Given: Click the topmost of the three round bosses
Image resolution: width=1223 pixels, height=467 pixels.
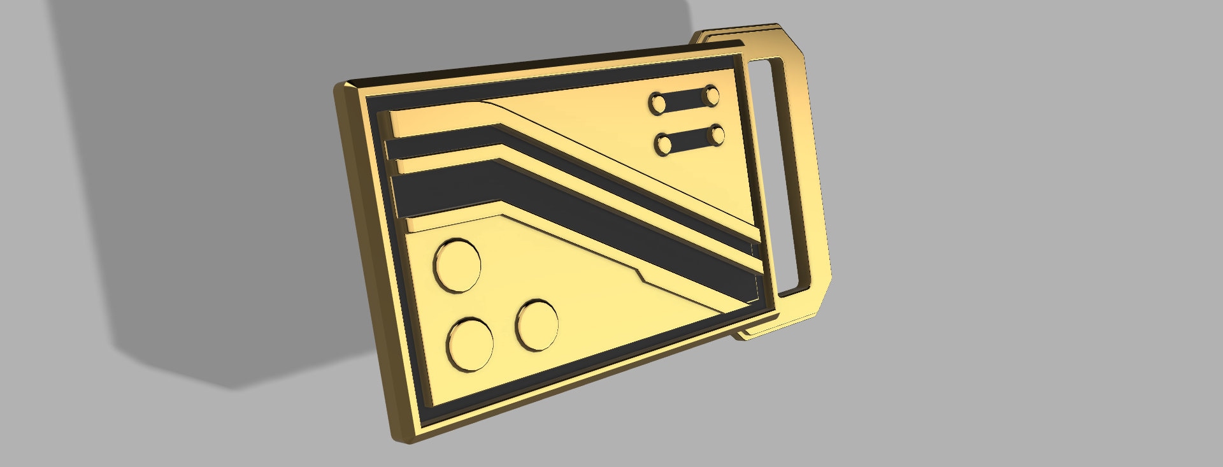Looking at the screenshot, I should (x=457, y=265).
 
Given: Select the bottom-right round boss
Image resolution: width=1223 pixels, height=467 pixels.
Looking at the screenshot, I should (x=537, y=325).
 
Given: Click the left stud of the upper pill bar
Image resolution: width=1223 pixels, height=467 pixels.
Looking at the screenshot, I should (x=657, y=103).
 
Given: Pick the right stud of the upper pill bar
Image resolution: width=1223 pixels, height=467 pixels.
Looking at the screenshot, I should (x=710, y=96).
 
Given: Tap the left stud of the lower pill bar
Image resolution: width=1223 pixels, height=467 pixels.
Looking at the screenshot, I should (x=664, y=143).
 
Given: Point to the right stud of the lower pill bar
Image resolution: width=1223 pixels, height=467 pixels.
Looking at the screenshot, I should (x=717, y=134).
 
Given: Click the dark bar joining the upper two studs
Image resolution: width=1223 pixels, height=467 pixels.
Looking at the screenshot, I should (x=684, y=99).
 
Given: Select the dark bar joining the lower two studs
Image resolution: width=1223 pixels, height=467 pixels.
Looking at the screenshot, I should (x=690, y=139).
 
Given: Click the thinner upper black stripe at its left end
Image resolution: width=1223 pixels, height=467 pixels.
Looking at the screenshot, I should (x=408, y=148).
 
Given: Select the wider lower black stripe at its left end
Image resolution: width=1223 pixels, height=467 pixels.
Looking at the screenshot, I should (x=414, y=194).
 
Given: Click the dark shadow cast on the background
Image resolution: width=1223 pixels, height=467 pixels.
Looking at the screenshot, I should (x=191, y=191).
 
